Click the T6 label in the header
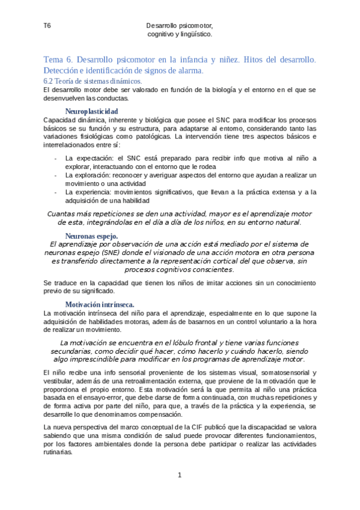pyautogui.click(x=47, y=26)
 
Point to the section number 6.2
pyautogui.click(x=50, y=81)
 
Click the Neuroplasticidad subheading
pyautogui.click(x=91, y=111)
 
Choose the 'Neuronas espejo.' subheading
pyautogui.click(x=91, y=236)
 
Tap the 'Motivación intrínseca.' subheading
pyautogui.click(x=99, y=304)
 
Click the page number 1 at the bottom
pyautogui.click(x=180, y=475)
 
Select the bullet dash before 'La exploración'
pyautogui.click(x=56, y=176)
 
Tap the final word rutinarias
pyautogui.click(x=58, y=452)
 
